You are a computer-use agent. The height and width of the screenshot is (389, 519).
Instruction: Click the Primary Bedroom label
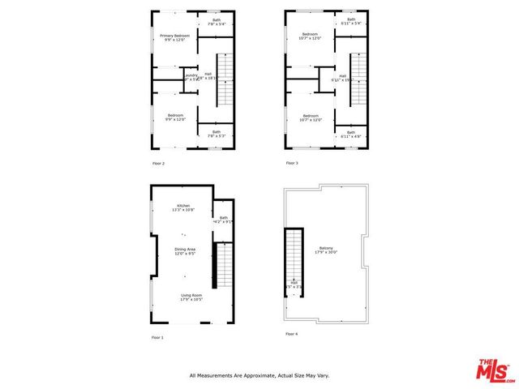click(175, 36)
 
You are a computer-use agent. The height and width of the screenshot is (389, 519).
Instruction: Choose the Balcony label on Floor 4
click(326, 249)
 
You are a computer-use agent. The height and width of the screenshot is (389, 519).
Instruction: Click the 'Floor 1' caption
click(157, 336)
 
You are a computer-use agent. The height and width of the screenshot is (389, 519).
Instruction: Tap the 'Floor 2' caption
click(158, 164)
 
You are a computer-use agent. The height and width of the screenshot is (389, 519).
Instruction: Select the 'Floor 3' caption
click(292, 164)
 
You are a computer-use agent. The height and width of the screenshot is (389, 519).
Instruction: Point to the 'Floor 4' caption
click(292, 334)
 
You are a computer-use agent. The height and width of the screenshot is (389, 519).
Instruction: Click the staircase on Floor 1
click(221, 271)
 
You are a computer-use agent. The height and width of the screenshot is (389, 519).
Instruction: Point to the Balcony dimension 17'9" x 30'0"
click(326, 254)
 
